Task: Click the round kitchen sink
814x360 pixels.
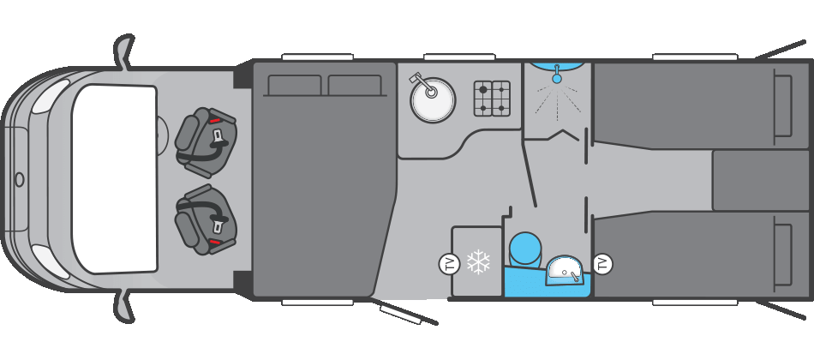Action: click(433, 101)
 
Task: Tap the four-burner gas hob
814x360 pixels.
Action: click(492, 99)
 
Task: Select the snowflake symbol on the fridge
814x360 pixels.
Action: click(478, 262)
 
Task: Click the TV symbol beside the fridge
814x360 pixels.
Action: click(449, 264)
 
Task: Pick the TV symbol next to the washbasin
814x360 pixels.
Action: click(602, 264)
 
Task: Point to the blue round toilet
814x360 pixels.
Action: click(525, 249)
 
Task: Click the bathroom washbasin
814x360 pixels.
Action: click(565, 270)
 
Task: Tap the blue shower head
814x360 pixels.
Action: click(557, 78)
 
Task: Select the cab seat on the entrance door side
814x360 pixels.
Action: click(206, 220)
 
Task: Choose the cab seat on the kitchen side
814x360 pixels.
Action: click(206, 141)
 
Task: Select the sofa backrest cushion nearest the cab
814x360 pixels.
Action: click(294, 86)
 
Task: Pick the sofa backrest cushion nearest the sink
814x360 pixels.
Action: click(354, 86)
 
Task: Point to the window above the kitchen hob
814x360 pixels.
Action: click(459, 57)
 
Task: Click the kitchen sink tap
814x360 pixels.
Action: click(419, 81)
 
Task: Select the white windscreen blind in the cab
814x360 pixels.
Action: click(114, 178)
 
